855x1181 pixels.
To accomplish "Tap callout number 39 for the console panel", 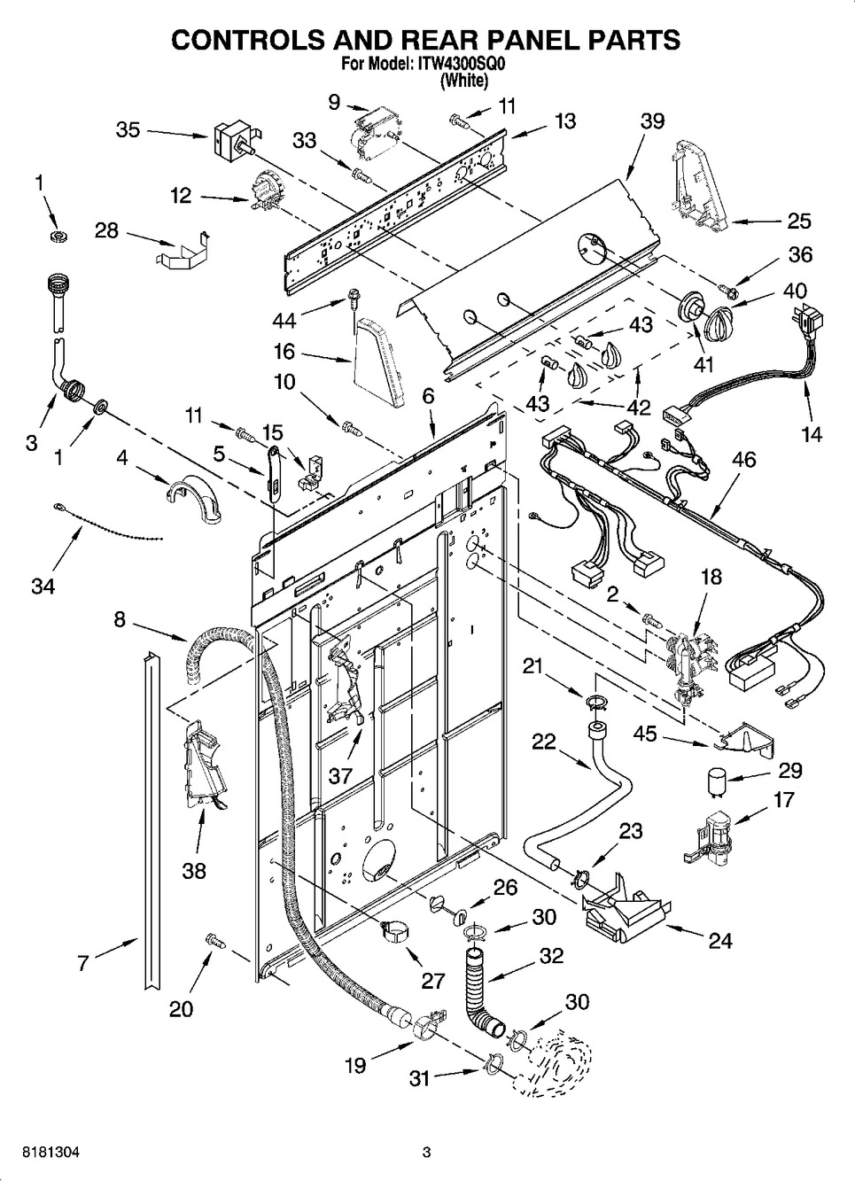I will (652, 121).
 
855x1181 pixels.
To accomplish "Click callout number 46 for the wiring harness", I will (744, 460).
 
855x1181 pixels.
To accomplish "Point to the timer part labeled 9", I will (372, 129).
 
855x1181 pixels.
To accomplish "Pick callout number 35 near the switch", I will (128, 130).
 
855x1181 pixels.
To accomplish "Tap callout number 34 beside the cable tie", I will (43, 586).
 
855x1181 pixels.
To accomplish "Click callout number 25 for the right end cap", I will (799, 221).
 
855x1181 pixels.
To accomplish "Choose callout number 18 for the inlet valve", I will (711, 577).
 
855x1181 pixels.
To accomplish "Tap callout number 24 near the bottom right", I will (720, 941).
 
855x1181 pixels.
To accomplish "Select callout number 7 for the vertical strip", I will (82, 963).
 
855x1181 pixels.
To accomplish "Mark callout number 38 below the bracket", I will (193, 870).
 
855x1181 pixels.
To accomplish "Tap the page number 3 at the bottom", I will (426, 1153).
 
